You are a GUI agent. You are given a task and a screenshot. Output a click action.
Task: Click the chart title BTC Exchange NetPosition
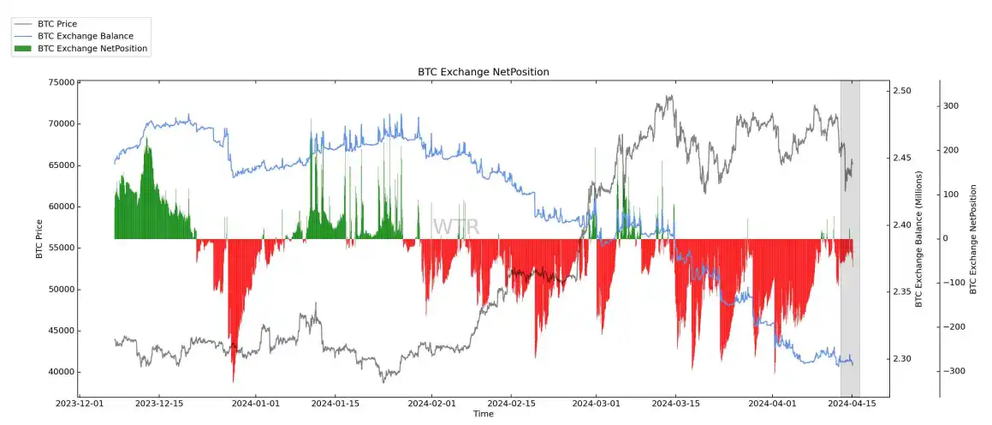point(483,72)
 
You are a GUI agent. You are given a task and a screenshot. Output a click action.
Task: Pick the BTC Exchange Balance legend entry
point(86,36)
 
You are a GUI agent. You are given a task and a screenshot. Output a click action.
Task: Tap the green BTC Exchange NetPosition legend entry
point(92,49)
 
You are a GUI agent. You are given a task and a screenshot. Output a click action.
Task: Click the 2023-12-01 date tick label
point(80,403)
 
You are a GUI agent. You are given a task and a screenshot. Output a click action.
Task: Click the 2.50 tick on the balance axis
point(902,91)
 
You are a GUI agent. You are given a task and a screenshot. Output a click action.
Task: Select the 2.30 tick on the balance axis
point(902,359)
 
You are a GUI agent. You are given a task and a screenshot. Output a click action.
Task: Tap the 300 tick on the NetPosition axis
point(951,106)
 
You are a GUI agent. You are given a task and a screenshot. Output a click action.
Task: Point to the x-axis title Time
point(483,414)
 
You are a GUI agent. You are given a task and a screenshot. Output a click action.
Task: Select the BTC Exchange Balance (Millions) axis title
point(919,238)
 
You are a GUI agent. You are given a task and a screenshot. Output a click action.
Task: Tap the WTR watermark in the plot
point(456,227)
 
